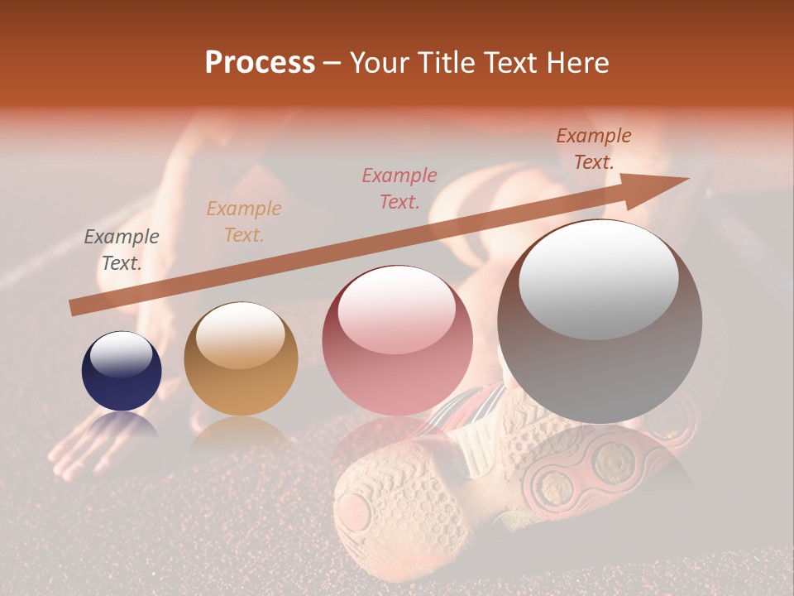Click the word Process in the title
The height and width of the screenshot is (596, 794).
tap(260, 62)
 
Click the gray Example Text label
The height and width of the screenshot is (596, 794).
tap(122, 250)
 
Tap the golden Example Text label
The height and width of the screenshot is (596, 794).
tap(244, 222)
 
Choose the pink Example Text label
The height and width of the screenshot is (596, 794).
tap(399, 188)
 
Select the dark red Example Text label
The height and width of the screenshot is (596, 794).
tap(594, 149)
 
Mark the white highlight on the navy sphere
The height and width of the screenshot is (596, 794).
tap(122, 353)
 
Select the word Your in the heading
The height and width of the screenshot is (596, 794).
tap(380, 62)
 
